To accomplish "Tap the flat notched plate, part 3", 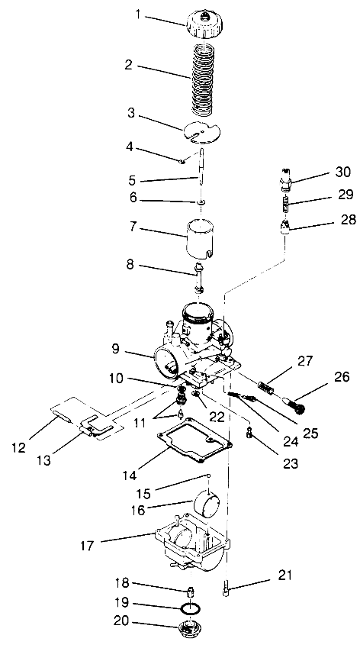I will (202, 131).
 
